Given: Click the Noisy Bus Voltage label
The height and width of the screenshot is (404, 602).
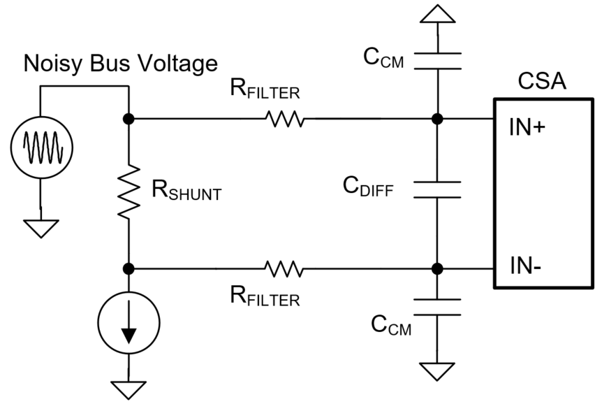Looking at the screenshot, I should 120,64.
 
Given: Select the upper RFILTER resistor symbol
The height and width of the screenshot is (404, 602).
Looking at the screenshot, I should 284,120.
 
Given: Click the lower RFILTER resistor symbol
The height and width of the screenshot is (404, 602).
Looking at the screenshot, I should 284,268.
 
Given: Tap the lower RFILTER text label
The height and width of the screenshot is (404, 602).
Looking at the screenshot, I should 265,296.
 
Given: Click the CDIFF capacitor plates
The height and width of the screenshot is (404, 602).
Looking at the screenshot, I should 437,189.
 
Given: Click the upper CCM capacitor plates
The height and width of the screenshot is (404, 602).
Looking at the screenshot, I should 437,60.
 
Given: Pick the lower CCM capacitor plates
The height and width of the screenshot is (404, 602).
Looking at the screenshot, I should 437,306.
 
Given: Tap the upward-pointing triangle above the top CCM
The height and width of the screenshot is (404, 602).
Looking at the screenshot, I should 437,15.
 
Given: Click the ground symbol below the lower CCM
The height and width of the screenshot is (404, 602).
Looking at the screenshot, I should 437,371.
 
